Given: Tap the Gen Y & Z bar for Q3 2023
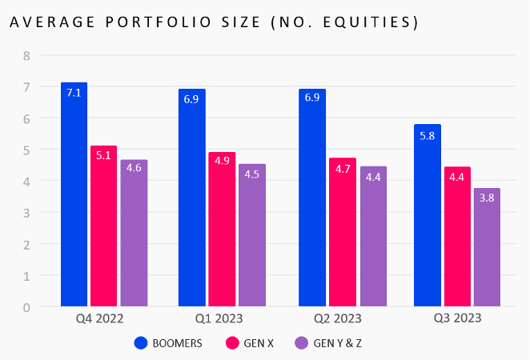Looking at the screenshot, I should [x=487, y=248].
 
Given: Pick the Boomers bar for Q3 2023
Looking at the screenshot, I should [x=428, y=216].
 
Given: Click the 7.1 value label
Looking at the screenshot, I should [x=74, y=93].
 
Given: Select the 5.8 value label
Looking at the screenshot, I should [x=428, y=136].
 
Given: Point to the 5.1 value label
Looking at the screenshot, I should [x=104, y=156].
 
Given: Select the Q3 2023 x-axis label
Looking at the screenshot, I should [x=457, y=319].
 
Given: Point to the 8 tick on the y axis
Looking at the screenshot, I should [x=26, y=56].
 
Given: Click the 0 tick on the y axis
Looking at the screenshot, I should [x=26, y=306].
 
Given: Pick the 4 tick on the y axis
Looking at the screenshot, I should [x=26, y=181].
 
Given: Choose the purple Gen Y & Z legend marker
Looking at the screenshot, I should [x=301, y=343].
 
